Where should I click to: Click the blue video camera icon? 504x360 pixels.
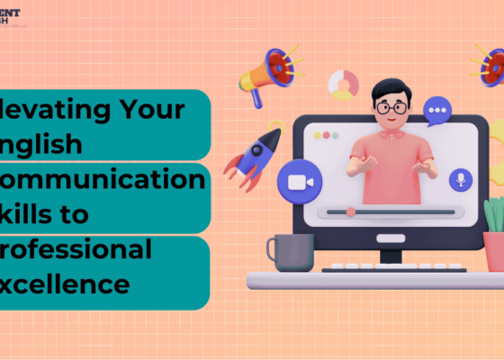coord(299,180)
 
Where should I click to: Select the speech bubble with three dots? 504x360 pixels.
coord(438,112)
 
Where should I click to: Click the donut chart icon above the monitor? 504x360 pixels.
coord(344,84)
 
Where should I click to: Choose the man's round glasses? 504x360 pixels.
coord(391,106)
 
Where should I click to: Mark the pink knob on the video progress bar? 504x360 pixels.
coord(350,211)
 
